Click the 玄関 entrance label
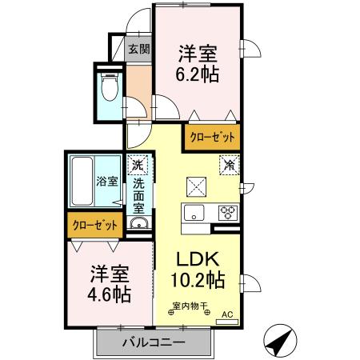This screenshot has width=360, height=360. click(139, 48)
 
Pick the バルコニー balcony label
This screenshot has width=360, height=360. click(154, 342)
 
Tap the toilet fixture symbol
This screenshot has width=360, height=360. click(110, 86)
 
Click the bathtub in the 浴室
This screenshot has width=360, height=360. click(82, 182)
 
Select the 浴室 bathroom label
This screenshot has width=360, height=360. click(107, 181)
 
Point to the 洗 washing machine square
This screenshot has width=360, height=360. click(138, 164)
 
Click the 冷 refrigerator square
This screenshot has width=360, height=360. click(229, 165)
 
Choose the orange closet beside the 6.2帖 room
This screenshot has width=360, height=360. click(211, 137)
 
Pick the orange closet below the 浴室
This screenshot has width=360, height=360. click(95, 226)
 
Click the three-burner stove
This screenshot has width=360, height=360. click(227, 213)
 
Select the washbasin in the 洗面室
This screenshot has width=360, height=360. click(138, 224)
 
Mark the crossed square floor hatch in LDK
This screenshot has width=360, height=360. click(197, 186)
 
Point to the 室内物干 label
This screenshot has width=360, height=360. click(190, 305)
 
